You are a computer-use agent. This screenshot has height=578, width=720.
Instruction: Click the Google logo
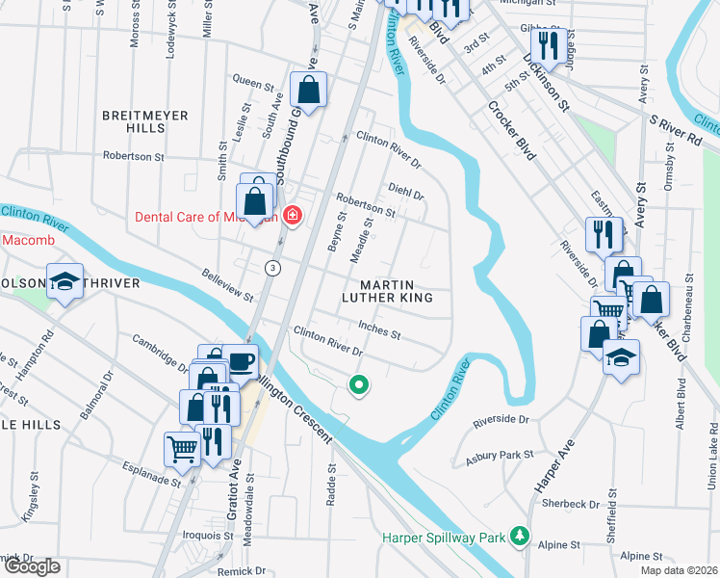click(31, 567)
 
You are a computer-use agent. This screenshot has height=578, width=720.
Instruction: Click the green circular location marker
click(359, 387)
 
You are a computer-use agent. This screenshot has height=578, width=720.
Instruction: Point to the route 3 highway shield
click(274, 268)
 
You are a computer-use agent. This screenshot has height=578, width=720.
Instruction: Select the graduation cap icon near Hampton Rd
click(64, 280)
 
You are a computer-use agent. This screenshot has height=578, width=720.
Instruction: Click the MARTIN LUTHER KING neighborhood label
click(393, 292)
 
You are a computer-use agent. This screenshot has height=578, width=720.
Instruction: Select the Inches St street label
click(378, 330)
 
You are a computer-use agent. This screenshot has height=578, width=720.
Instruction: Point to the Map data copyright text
click(678, 570)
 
